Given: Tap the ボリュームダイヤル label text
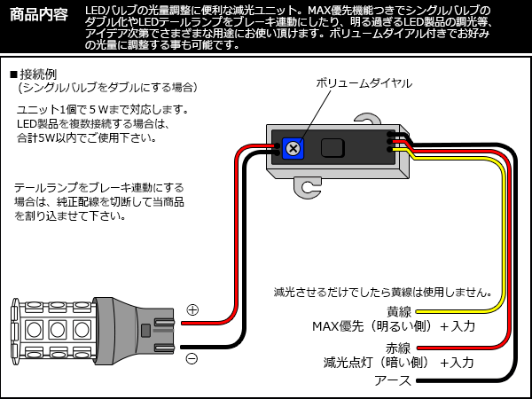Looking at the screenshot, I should pos(364,82).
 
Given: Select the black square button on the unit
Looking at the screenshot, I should pos(332,148).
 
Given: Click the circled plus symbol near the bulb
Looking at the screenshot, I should pos(192,310).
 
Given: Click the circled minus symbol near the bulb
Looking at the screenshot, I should pos(192,357).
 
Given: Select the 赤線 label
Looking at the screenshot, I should pos(399,348).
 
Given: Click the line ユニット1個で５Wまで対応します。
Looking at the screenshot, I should pos(102,109).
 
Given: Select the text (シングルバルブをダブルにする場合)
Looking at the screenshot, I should pos(107,88).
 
